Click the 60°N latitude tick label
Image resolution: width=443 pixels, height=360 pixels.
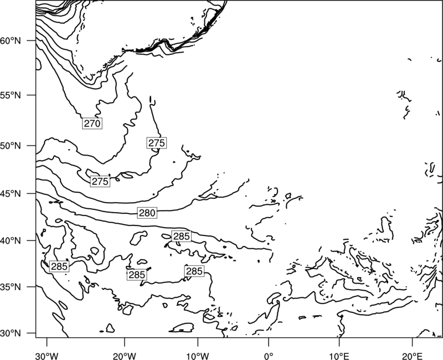pyautogui.click(x=11, y=41)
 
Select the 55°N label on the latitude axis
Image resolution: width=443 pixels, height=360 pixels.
pyautogui.click(x=11, y=95)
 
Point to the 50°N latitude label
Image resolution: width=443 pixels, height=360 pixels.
pyautogui.click(x=11, y=146)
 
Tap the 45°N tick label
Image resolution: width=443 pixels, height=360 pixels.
pyautogui.click(x=11, y=194)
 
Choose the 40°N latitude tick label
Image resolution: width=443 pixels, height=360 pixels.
pyautogui.click(x=11, y=241)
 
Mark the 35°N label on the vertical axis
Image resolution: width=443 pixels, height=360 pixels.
pyautogui.click(x=11, y=287)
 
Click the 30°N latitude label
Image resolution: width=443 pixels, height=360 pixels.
pyautogui.click(x=11, y=333)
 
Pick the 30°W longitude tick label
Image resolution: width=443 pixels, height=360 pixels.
pyautogui.click(x=47, y=356)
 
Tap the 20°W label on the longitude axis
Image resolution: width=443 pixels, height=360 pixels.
pyautogui.click(x=125, y=356)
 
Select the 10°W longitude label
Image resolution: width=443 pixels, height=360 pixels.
pyautogui.click(x=198, y=356)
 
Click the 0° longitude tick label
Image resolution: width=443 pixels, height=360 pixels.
pyautogui.click(x=269, y=356)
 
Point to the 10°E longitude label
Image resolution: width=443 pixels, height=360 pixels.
pyautogui.click(x=339, y=356)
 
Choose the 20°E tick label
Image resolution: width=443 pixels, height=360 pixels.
pyautogui.click(x=412, y=356)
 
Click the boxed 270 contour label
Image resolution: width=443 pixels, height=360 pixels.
pyautogui.click(x=92, y=124)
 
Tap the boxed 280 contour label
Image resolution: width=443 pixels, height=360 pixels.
pyautogui.click(x=147, y=213)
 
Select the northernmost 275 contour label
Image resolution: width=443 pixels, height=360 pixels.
pyautogui.click(x=157, y=143)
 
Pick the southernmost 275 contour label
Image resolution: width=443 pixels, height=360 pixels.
pyautogui.click(x=100, y=182)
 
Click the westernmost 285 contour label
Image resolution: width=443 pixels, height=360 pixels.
pyautogui.click(x=59, y=266)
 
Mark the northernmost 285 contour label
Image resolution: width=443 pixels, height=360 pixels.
pyautogui.click(x=182, y=236)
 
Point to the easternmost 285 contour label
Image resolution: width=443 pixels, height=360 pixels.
pyautogui.click(x=194, y=271)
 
